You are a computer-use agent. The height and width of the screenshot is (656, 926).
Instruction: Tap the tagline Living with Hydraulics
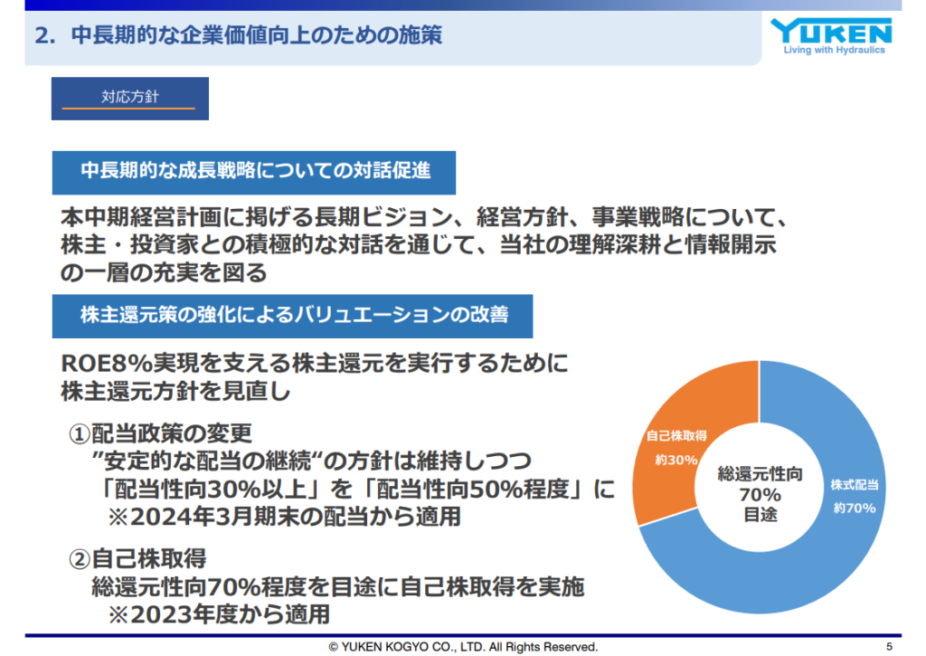(x=834, y=51)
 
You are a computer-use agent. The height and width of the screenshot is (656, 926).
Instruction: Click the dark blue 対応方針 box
(x=130, y=99)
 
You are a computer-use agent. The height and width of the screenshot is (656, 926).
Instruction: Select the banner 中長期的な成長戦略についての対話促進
(x=254, y=173)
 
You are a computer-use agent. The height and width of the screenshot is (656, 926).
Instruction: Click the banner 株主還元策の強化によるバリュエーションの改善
(x=292, y=316)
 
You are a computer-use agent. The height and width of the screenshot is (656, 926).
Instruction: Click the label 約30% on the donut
(x=676, y=460)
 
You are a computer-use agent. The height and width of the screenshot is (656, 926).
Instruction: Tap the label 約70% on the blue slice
(x=855, y=508)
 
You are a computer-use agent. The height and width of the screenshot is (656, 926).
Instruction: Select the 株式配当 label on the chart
(x=855, y=485)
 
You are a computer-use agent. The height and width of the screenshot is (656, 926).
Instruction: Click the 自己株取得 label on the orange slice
(x=676, y=436)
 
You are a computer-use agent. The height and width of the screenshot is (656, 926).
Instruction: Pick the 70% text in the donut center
(x=760, y=494)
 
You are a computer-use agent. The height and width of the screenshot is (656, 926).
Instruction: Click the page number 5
(x=890, y=647)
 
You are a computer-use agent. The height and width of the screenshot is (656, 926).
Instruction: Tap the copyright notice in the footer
(x=463, y=647)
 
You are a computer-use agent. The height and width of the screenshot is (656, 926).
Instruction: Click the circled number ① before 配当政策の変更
(x=80, y=434)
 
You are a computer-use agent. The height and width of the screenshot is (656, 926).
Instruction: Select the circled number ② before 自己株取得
(x=80, y=559)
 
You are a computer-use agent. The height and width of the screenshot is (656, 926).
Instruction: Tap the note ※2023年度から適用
(x=219, y=614)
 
